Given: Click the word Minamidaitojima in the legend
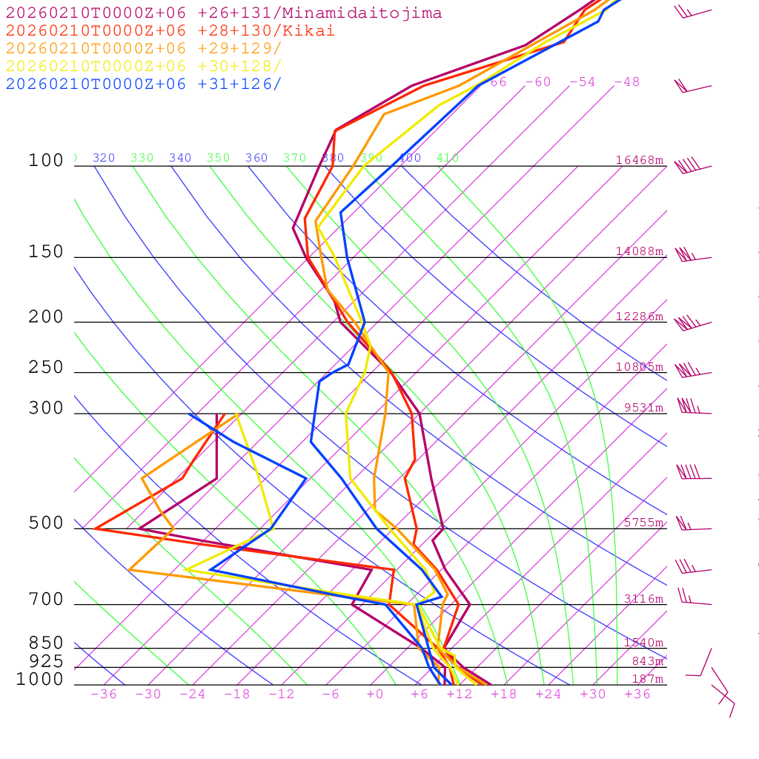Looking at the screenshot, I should (371, 13).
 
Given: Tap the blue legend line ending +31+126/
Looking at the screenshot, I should (144, 84).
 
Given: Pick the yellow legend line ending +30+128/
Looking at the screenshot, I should (144, 66).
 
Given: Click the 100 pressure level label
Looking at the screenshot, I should (46, 161).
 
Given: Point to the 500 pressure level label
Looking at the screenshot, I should (46, 523).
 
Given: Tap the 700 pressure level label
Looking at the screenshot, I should (46, 600).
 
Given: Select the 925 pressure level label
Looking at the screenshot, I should (46, 661).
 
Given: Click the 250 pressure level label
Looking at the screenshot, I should (46, 368).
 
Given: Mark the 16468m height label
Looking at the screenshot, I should (640, 160).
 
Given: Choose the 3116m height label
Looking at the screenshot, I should (643, 599).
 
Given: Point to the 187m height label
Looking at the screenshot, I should (648, 679).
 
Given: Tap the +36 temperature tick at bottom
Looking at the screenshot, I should (637, 695).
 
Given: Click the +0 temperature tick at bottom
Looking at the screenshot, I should (375, 695).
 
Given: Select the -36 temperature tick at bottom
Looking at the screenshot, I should (104, 695).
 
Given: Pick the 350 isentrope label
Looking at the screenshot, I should (219, 158).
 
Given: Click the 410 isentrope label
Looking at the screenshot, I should (448, 158).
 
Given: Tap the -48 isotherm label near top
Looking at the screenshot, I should (626, 82).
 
